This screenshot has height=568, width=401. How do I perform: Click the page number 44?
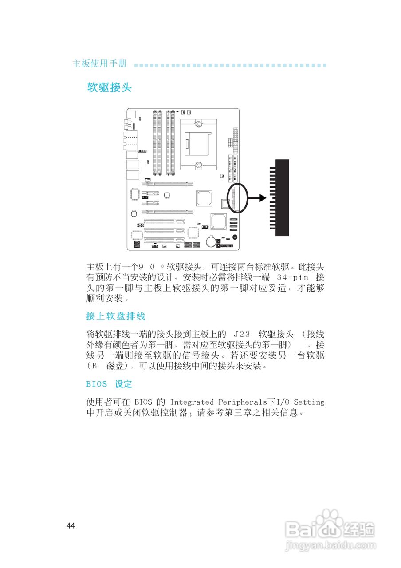click(x=71, y=526)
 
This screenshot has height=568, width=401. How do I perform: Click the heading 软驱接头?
click(x=110, y=87)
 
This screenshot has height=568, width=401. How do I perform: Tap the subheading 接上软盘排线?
click(x=115, y=316)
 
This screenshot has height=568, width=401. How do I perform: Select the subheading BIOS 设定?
click(x=109, y=384)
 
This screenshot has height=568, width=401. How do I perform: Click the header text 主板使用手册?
click(x=99, y=64)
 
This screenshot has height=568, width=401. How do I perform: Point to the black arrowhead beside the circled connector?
click(x=262, y=197)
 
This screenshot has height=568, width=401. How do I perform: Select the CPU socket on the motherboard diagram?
click(x=199, y=144)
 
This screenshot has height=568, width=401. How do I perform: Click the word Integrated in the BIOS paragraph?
click(x=192, y=402)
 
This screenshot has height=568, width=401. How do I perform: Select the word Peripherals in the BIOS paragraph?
click(x=242, y=402)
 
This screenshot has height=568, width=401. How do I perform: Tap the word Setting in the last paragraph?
click(x=309, y=402)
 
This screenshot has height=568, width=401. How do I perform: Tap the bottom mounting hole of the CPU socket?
click(x=199, y=165)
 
